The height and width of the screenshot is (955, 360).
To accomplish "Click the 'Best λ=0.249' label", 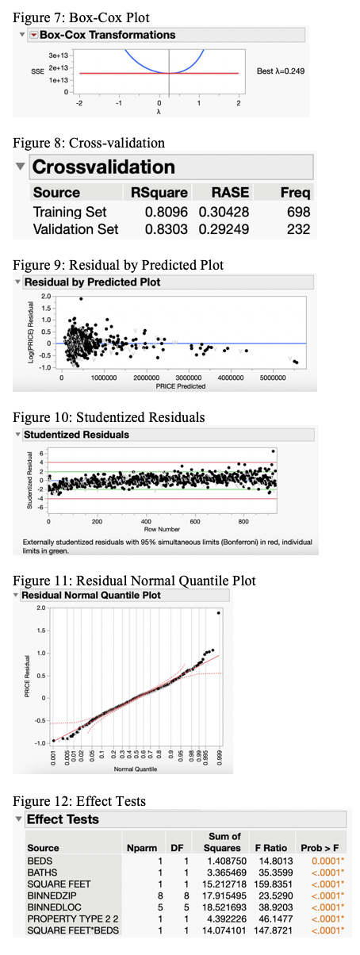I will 281,71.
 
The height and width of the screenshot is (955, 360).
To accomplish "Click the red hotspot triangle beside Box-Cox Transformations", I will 33,35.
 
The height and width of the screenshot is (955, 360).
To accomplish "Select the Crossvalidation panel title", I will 103,167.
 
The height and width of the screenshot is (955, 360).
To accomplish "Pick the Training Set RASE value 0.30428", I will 224,212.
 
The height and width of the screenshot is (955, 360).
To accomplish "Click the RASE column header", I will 231,192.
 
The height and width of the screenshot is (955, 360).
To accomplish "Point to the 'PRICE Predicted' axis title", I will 180,386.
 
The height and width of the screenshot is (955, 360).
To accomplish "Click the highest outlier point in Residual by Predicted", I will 81,299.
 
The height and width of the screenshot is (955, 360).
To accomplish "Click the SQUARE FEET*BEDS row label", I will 68,932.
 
